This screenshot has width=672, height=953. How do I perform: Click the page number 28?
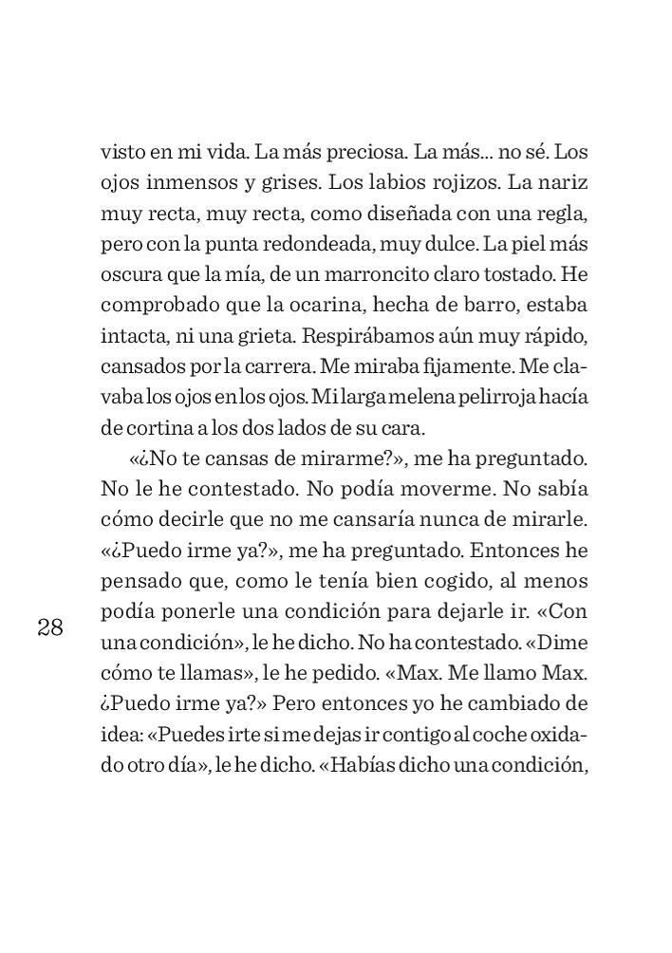coord(50,627)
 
